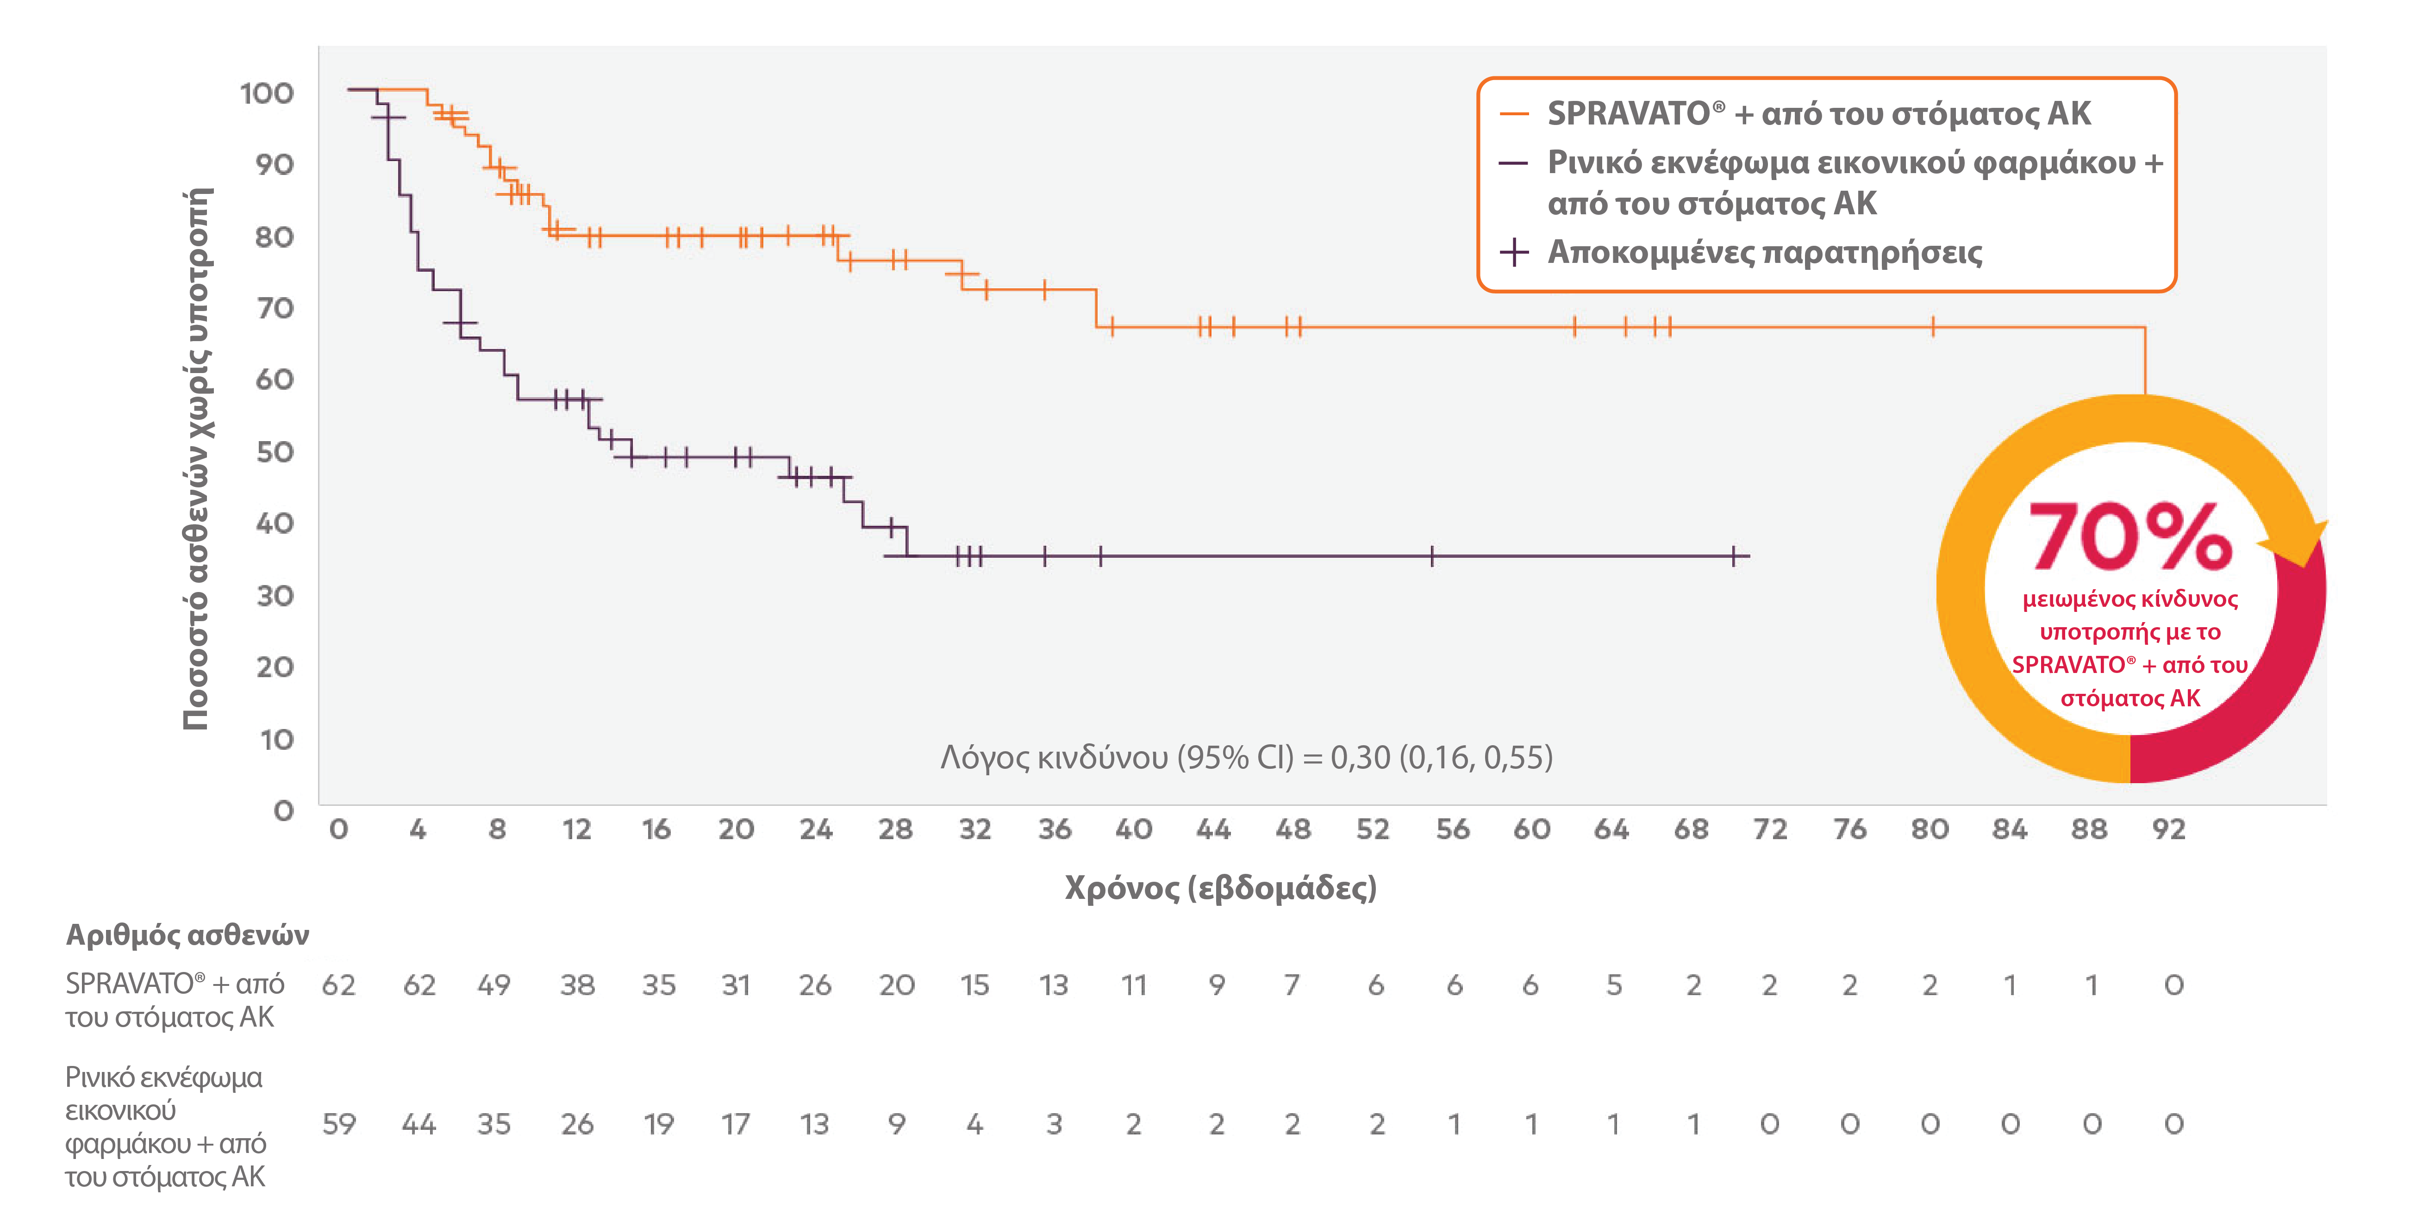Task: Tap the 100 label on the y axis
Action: tap(267, 93)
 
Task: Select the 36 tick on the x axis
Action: tap(1055, 829)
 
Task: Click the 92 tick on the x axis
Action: tap(2168, 829)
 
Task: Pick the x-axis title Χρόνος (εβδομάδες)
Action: tap(1220, 888)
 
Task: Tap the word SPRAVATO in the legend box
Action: tap(1627, 114)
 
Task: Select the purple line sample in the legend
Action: tap(1512, 162)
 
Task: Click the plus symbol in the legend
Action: tap(1513, 252)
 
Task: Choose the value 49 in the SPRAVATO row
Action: tap(494, 985)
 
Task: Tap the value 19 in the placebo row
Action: tap(658, 1124)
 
